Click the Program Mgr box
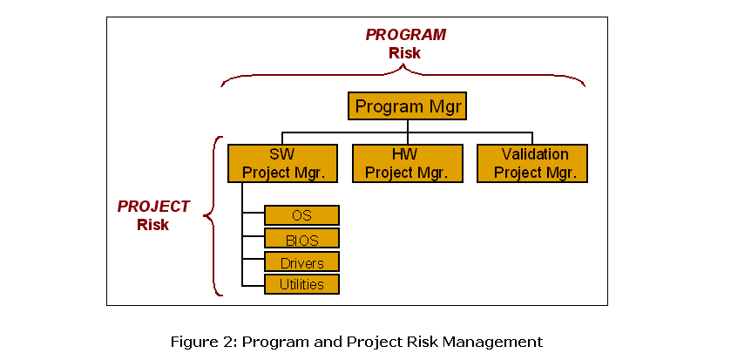pos(408,105)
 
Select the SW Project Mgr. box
pos(282,163)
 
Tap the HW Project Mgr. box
pos(407,163)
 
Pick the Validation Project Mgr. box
pos(532,163)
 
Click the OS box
pos(301,215)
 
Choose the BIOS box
pos(301,238)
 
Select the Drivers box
pos(301,262)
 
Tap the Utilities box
pos(301,284)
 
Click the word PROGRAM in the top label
pos(406,35)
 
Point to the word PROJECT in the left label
pos(153,207)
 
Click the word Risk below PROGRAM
pos(404,53)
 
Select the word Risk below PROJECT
pos(153,225)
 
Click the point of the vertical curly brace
pos(204,216)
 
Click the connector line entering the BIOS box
pos(254,236)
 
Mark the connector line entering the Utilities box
pos(254,285)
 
